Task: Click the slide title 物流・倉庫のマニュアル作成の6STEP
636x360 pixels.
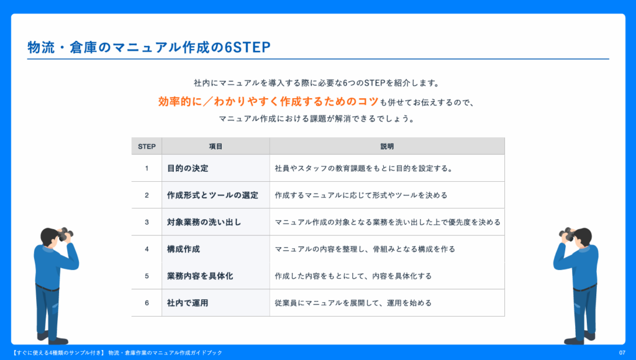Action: click(149, 47)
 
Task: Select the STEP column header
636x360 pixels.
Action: click(147, 146)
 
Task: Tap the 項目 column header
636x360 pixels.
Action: click(216, 146)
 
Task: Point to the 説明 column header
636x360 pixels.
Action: click(387, 146)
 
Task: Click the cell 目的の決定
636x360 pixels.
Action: click(188, 168)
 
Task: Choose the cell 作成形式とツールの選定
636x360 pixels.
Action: click(212, 195)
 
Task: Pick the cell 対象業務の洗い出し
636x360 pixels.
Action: click(204, 222)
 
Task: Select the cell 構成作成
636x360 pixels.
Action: click(183, 249)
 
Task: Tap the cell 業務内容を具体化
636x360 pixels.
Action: click(200, 276)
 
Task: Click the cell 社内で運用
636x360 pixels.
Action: click(188, 303)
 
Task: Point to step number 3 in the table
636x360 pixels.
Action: click(147, 222)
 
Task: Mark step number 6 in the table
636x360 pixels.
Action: click(147, 303)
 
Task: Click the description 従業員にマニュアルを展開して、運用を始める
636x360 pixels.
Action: click(353, 303)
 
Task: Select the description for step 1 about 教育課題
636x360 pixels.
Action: click(364, 168)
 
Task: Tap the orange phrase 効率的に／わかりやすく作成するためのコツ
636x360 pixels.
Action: click(268, 101)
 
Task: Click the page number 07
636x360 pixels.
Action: click(622, 353)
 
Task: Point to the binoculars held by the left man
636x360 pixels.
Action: click(65, 234)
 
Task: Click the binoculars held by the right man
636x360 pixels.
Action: click(566, 234)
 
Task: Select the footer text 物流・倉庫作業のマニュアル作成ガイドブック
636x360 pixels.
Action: click(165, 353)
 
